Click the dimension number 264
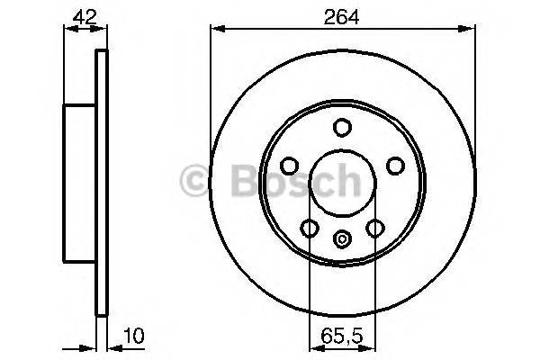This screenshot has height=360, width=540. [342, 16]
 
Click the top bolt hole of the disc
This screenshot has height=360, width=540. [342, 129]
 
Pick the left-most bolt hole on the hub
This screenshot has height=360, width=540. [290, 166]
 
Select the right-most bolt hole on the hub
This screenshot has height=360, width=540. [394, 166]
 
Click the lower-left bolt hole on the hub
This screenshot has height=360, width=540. [310, 229]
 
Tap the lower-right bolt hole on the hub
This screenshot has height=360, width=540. [374, 229]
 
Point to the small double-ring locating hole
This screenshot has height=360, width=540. [342, 239]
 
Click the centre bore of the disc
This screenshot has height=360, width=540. [342, 184]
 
